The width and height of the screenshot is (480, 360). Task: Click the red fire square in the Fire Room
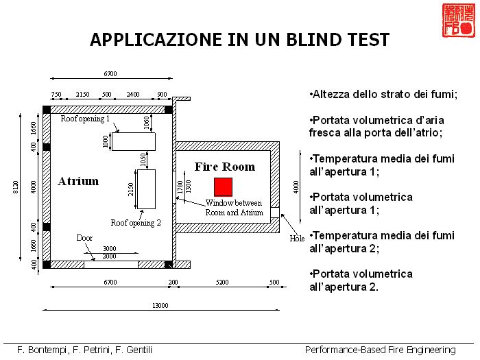pyautogui.click(x=223, y=187)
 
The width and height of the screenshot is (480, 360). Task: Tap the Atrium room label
pyautogui.click(x=78, y=182)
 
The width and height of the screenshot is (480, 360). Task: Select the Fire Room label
pyautogui.click(x=224, y=167)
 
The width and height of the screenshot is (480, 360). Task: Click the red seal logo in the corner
pyautogui.click(x=457, y=21)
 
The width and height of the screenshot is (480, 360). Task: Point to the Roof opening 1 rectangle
pyautogui.click(x=133, y=141)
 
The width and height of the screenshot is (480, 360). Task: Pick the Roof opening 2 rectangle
pyautogui.click(x=146, y=189)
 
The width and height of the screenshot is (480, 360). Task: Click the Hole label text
pyautogui.click(x=297, y=239)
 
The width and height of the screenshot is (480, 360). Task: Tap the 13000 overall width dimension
pyautogui.click(x=160, y=306)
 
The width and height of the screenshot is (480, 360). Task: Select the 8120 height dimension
pyautogui.click(x=15, y=187)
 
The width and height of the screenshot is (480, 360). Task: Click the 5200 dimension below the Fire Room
pyautogui.click(x=221, y=283)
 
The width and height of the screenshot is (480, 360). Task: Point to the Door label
pyautogui.click(x=84, y=238)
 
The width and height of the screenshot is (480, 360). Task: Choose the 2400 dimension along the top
pyautogui.click(x=133, y=95)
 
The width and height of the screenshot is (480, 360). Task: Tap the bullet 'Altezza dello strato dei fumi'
pyautogui.click(x=383, y=95)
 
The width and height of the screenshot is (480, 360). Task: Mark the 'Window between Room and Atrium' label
pyautogui.click(x=234, y=208)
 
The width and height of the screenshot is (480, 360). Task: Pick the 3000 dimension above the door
pyautogui.click(x=110, y=248)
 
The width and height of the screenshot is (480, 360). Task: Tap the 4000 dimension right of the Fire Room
pyautogui.click(x=296, y=187)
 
